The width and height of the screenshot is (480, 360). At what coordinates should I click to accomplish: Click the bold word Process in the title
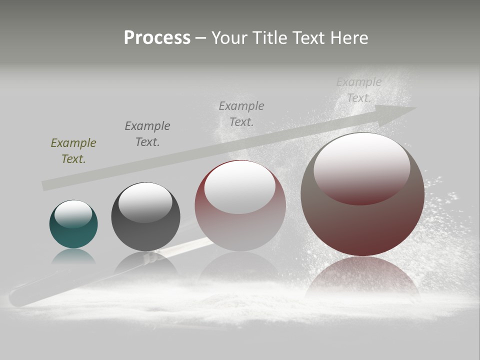click(157, 37)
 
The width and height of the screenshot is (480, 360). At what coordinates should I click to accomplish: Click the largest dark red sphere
click(362, 225)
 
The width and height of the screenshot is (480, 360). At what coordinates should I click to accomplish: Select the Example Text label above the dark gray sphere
click(147, 134)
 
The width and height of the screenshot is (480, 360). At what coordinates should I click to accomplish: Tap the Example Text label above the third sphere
click(241, 113)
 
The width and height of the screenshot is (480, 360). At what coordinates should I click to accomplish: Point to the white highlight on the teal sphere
click(73, 213)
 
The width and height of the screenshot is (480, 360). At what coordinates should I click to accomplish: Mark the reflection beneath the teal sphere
click(73, 256)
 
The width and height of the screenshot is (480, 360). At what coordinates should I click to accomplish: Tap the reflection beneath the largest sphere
click(362, 277)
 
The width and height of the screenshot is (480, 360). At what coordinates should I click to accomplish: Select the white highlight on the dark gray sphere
click(145, 201)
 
